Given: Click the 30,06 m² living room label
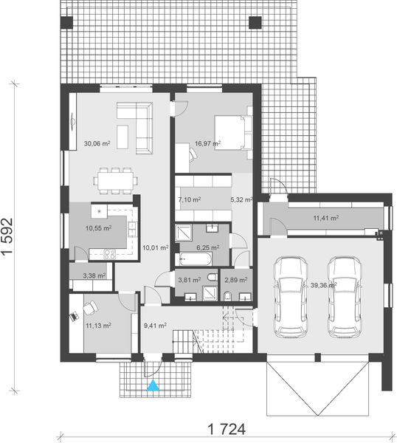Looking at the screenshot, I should coord(97,144).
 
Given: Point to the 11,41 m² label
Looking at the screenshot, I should coord(325,219).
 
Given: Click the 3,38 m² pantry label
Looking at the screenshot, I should coord(94,275).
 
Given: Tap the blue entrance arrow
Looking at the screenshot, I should coord(153,385).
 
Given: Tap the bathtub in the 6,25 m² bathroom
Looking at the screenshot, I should coord(195,259).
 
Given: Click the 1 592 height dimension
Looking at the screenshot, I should coord(10,236).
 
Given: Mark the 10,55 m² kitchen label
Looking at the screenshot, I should coord(99,228).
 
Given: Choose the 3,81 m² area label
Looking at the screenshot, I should coord(190,281).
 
